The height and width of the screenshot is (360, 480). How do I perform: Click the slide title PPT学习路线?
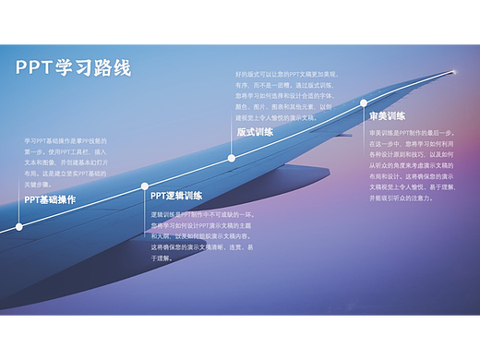point(73,68)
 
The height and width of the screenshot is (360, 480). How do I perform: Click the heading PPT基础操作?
point(50,199)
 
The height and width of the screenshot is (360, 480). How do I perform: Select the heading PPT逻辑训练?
point(176,196)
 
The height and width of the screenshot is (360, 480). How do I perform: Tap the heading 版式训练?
point(255,132)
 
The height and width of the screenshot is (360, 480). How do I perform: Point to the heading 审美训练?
point(387,116)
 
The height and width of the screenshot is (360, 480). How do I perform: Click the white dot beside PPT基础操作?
point(18,225)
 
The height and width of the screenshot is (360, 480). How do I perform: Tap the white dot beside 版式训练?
point(232,158)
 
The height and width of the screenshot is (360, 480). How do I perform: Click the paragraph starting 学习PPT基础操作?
point(66,162)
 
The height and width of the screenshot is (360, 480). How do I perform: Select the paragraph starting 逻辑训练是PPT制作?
point(200,236)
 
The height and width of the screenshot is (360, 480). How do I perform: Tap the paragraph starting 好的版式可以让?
point(286,95)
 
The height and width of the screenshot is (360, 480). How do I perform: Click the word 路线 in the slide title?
point(114,68)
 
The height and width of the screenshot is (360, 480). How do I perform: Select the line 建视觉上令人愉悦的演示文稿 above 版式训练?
point(278,118)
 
